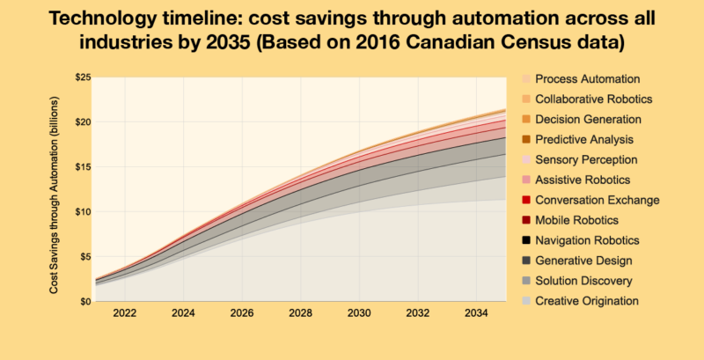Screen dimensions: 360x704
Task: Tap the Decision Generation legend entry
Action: (x=588, y=119)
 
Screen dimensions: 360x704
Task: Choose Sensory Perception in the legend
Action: (x=586, y=159)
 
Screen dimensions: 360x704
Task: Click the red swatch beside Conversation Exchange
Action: (x=525, y=200)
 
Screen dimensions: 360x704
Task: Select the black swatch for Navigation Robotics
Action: (x=525, y=240)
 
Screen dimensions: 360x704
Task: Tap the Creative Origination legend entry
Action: (x=586, y=301)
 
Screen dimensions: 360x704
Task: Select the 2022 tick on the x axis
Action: (x=124, y=313)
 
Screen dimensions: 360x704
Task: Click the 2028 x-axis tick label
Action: (x=300, y=313)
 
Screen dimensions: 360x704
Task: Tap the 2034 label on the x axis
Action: (x=476, y=313)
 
